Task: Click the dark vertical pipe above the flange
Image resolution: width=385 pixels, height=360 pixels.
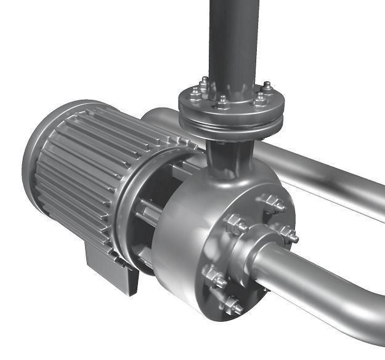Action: [x=233, y=37]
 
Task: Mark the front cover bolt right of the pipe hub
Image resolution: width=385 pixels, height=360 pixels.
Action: [x=286, y=233]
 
